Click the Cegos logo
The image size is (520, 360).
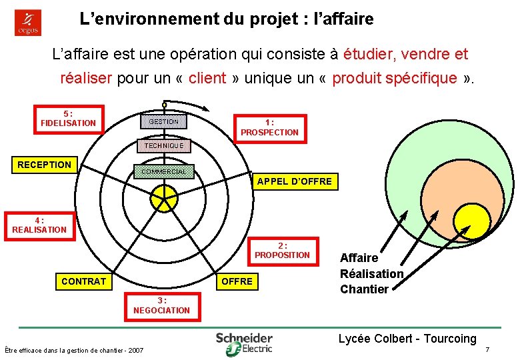(x=28, y=23)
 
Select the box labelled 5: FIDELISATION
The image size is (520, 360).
(x=69, y=119)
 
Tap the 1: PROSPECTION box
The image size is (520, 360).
(x=269, y=127)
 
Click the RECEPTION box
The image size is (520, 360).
(x=45, y=165)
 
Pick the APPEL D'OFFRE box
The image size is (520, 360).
(x=294, y=181)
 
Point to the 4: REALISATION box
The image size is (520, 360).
(x=39, y=225)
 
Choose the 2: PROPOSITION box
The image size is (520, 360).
(x=282, y=250)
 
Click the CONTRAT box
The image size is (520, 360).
(x=83, y=281)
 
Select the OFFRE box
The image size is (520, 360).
(x=237, y=281)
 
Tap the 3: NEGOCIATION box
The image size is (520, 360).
(x=161, y=305)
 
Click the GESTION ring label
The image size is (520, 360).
(x=163, y=121)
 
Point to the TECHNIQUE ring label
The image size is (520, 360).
(x=163, y=145)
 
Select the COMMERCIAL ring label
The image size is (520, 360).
(x=163, y=172)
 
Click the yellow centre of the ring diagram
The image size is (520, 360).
(x=163, y=197)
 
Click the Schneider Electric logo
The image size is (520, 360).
(x=244, y=342)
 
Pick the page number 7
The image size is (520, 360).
(x=487, y=350)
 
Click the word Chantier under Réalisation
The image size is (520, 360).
(x=364, y=289)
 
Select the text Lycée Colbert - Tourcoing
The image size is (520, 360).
(x=407, y=339)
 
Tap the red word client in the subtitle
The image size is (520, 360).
(x=207, y=78)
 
